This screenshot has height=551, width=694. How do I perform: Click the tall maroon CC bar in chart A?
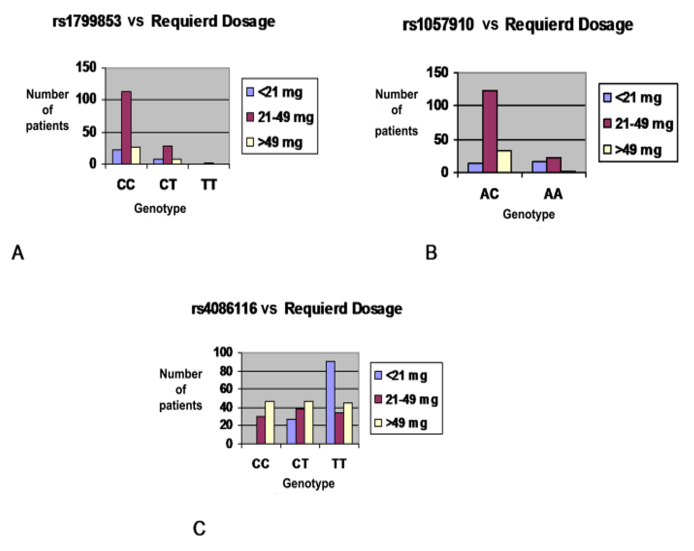(x=126, y=128)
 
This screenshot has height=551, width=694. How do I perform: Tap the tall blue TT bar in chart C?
(x=331, y=402)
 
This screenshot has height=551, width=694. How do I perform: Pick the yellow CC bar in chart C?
(x=269, y=422)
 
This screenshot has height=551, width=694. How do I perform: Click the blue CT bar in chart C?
(x=291, y=431)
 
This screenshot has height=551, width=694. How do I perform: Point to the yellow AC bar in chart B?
(x=504, y=161)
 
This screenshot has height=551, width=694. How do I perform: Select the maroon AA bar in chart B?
(x=554, y=165)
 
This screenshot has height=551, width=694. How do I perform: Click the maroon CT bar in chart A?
(x=167, y=155)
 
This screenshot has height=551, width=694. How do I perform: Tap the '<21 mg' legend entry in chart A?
(x=275, y=92)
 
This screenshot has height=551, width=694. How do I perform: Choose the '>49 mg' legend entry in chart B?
(x=633, y=150)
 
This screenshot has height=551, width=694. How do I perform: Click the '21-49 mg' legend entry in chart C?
(x=406, y=400)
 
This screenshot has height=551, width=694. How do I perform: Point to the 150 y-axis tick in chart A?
(x=86, y=67)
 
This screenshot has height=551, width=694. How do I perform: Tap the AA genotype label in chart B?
(x=553, y=194)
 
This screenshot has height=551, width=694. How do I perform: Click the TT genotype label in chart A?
(x=209, y=185)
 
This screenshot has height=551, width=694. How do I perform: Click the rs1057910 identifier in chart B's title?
(x=438, y=24)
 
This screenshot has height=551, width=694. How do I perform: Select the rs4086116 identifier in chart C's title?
(x=224, y=308)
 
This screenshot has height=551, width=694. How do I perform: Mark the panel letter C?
(x=199, y=528)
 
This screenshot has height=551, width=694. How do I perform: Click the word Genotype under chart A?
(x=160, y=209)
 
